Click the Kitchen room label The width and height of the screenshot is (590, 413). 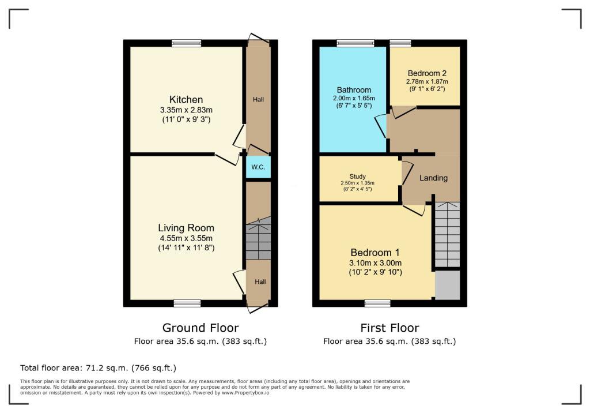pos(186,99)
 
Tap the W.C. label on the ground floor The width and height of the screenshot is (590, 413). pos(258,168)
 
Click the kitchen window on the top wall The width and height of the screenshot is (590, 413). pos(187,43)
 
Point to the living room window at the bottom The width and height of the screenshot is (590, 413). pos(187,303)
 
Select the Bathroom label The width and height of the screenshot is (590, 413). pos(354,90)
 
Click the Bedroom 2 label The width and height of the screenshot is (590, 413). pos(427,73)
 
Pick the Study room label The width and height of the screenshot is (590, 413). pos(357,177)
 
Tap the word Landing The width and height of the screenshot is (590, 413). pos(433,178)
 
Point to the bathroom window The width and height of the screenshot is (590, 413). pos(355,43)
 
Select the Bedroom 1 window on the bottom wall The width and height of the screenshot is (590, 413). pos(377,303)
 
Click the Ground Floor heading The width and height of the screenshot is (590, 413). pos(201,328)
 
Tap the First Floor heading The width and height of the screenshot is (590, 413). pos(389,328)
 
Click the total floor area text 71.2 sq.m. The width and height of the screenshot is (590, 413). pos(98,367)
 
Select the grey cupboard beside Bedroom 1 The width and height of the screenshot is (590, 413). pos(447,286)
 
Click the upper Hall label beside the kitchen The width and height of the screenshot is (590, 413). pos(258,100)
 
